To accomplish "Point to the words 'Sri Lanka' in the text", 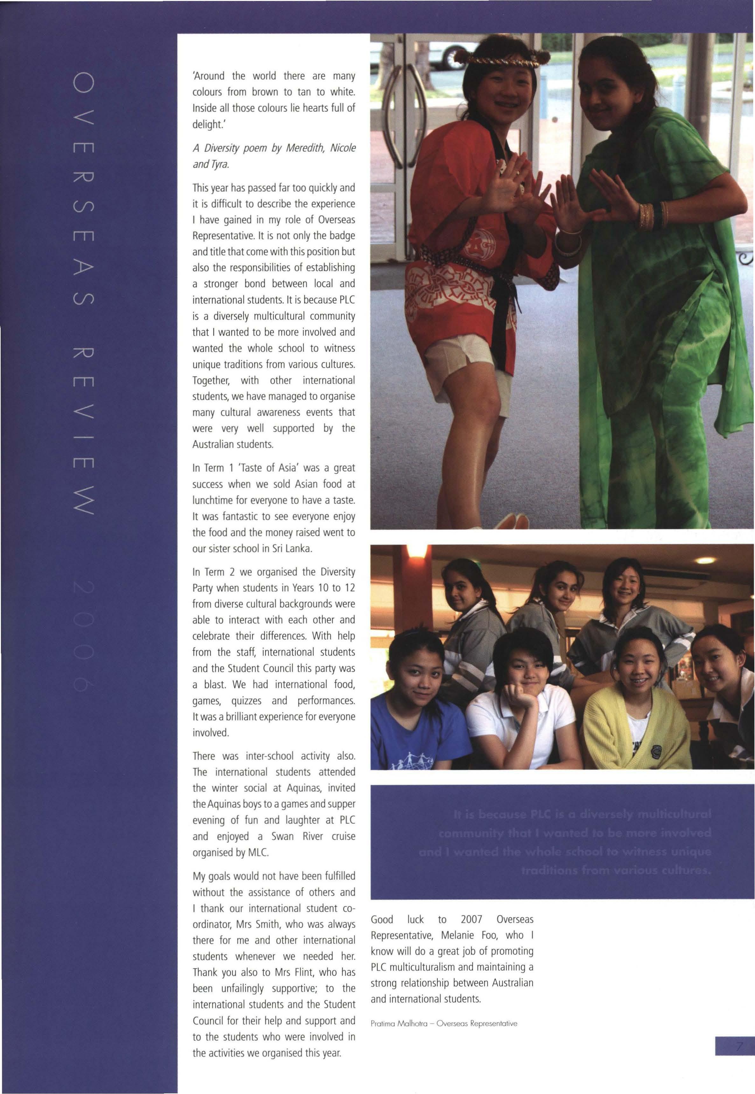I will tap(290, 549).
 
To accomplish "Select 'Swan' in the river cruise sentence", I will tap(283, 836).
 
